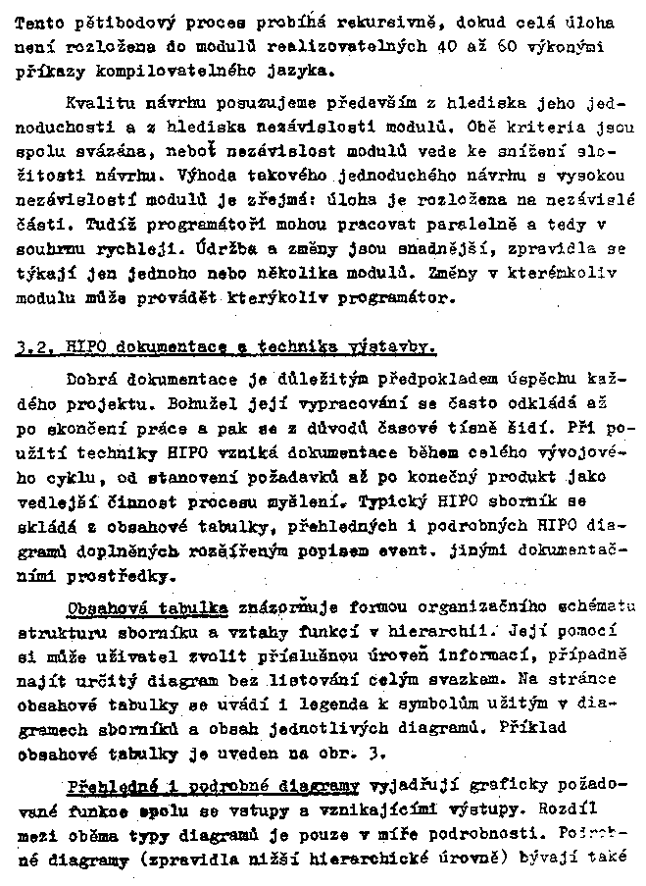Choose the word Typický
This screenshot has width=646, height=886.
[396, 501]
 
